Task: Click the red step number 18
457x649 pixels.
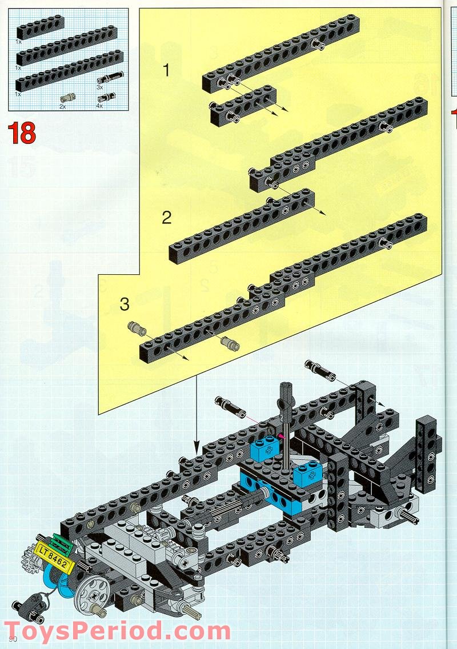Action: tap(22, 133)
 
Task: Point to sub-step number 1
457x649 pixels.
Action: tap(166, 70)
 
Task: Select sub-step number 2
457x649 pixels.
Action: tap(166, 218)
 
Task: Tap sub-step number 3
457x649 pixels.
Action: tap(125, 304)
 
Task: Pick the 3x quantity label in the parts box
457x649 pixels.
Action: tap(99, 87)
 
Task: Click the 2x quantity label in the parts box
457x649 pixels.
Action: tap(62, 106)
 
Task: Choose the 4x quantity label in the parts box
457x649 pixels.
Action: tap(99, 106)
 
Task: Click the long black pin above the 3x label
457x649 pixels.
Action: tap(110, 77)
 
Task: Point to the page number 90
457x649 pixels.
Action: tap(13, 639)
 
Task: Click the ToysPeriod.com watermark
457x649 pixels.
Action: tap(117, 631)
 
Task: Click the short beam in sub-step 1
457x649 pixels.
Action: tap(243, 106)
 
